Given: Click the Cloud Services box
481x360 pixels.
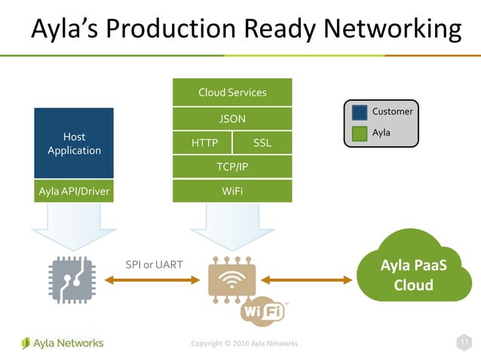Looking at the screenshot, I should [231, 92].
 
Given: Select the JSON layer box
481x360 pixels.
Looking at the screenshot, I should [231, 118].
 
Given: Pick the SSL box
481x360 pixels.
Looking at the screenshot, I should [262, 143].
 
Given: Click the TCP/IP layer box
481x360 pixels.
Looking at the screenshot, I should [231, 167].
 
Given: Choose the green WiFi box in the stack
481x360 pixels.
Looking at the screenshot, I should [231, 191].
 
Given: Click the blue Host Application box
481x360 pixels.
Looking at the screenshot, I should [74, 143].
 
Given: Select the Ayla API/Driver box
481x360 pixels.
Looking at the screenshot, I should [74, 191].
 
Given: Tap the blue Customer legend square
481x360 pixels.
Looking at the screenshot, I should [360, 112].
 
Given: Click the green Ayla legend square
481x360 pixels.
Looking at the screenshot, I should [360, 133].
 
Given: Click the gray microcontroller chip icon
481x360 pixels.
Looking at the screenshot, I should [74, 279].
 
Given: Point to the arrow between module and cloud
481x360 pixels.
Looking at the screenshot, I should [306, 280].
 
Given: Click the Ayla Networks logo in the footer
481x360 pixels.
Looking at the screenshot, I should [63, 343].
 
